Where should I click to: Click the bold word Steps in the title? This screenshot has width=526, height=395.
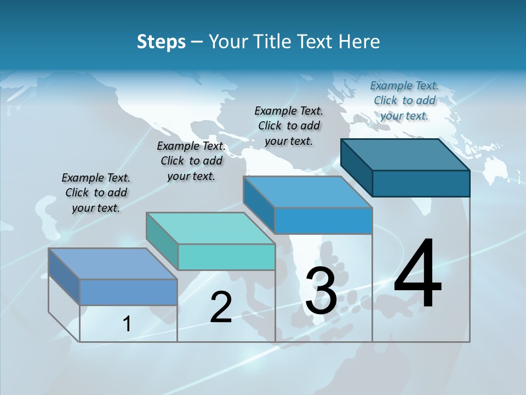(161, 42)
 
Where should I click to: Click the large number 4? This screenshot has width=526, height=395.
(418, 274)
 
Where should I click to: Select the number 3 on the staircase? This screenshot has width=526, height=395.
(321, 291)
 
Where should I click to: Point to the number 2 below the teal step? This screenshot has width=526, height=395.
(221, 308)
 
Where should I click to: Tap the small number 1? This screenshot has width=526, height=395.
(127, 324)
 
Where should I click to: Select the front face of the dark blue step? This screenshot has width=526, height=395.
(421, 183)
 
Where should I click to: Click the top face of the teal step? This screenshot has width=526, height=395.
(211, 228)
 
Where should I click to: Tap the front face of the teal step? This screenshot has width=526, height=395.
(226, 257)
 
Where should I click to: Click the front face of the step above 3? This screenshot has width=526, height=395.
(323, 221)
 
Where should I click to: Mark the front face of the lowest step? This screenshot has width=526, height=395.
(128, 292)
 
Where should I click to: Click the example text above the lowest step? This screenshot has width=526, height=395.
(96, 193)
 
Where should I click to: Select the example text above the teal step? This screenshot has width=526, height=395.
(191, 161)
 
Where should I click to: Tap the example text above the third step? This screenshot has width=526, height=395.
(289, 126)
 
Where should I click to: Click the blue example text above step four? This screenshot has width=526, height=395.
(404, 100)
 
